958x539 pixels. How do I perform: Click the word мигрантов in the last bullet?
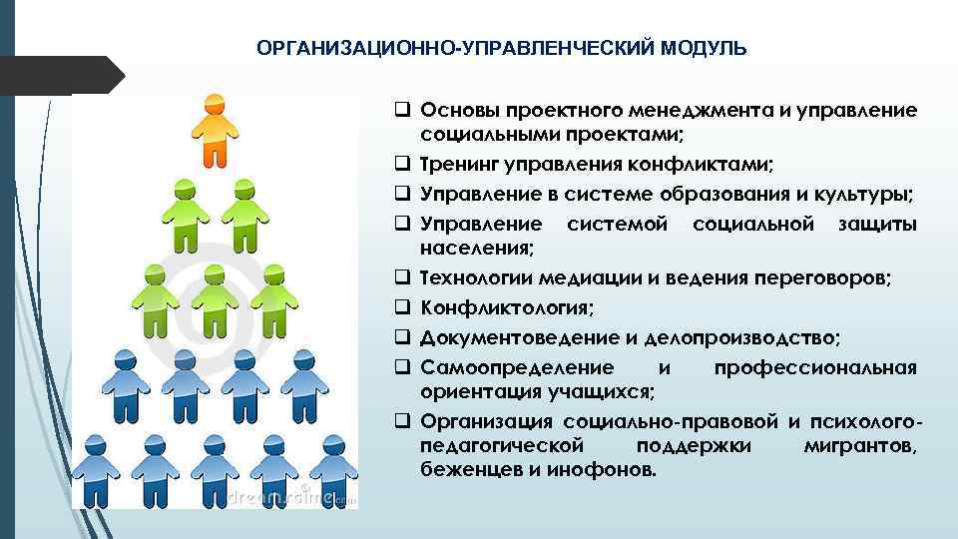860,444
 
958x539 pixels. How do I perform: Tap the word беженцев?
467,468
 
